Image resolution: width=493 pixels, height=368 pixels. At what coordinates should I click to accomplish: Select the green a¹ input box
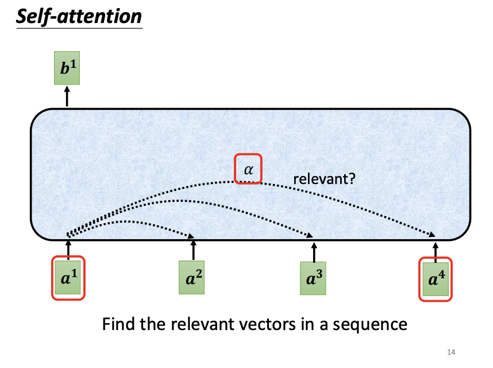(x=68, y=278)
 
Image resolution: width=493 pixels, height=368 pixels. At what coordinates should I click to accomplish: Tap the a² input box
(x=193, y=278)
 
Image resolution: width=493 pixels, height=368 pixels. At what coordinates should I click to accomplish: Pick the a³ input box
(x=314, y=278)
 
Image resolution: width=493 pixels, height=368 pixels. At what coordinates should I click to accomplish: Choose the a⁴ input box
(x=436, y=278)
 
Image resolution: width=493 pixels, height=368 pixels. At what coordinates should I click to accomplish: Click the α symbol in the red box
(x=248, y=169)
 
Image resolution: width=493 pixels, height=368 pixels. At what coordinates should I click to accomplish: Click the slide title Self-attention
(x=79, y=16)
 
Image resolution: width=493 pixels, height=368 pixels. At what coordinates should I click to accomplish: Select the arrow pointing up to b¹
(x=67, y=95)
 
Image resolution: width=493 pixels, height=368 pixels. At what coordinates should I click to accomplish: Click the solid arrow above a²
(x=193, y=251)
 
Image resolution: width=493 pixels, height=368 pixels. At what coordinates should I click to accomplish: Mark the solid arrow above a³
(x=314, y=251)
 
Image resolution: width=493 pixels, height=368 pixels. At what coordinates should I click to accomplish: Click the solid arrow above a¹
(x=68, y=248)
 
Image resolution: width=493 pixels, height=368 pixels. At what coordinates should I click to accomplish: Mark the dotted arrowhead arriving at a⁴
(x=432, y=235)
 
